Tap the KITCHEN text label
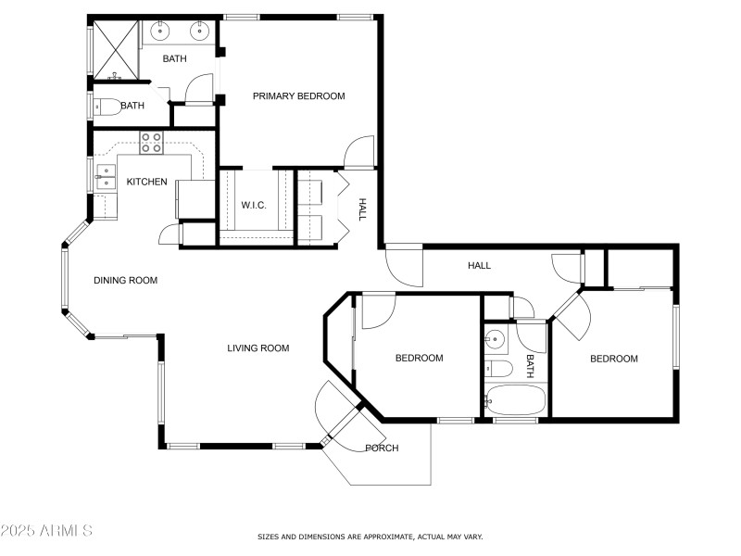146,182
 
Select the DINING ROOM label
125,280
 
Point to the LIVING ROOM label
258,348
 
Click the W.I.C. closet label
254,205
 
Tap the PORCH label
382,449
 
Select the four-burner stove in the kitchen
151,143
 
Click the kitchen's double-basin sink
105,176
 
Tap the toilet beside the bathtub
497,369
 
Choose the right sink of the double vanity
198,32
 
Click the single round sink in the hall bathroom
496,339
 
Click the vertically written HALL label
363,209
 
